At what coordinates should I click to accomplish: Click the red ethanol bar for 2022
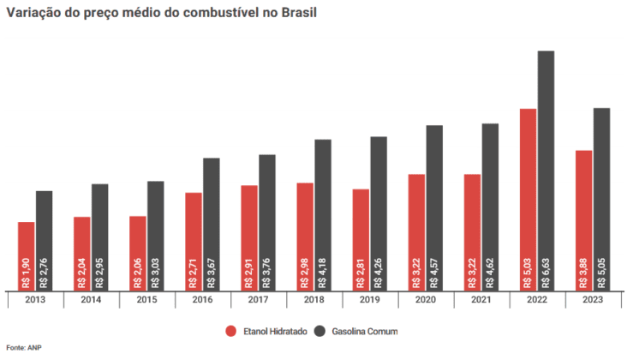pyautogui.click(x=528, y=200)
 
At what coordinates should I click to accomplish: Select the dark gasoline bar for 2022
pyautogui.click(x=546, y=171)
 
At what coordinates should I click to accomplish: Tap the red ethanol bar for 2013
pyautogui.click(x=27, y=256)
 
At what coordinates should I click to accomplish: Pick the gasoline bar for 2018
pyautogui.click(x=323, y=215)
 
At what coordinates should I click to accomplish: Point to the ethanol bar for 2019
pyautogui.click(x=361, y=240)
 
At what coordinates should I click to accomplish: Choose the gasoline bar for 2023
pyautogui.click(x=601, y=199)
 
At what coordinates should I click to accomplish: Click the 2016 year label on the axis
pyautogui.click(x=202, y=300)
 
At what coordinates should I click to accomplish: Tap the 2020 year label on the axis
pyautogui.click(x=426, y=300)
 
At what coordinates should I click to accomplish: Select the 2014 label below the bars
pyautogui.click(x=91, y=300)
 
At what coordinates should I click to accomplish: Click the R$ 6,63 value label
pyautogui.click(x=546, y=273)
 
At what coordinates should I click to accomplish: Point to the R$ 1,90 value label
pyautogui.click(x=27, y=273)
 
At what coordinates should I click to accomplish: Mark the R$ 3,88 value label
pyautogui.click(x=584, y=273)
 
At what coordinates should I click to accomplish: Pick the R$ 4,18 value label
pyautogui.click(x=323, y=273)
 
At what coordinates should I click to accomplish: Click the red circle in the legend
pyautogui.click(x=231, y=332)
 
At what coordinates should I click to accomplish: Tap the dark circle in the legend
pyautogui.click(x=319, y=332)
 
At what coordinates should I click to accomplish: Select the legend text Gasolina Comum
pyautogui.click(x=365, y=332)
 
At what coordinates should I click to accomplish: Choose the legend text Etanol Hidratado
pyautogui.click(x=275, y=332)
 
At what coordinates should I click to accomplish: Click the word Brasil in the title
pyautogui.click(x=299, y=13)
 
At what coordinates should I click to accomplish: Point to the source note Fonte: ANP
pyautogui.click(x=24, y=347)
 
